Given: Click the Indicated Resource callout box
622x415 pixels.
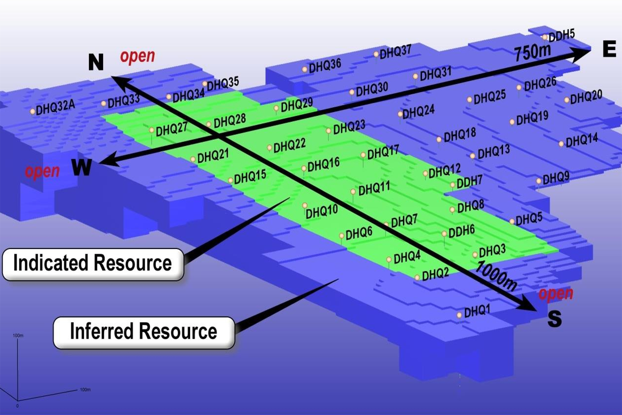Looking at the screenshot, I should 93,264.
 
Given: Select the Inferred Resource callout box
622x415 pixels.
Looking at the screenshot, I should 143,332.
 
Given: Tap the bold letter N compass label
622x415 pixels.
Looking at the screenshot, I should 96,62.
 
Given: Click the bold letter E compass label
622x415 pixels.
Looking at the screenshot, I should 609,49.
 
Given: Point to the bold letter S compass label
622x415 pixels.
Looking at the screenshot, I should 555,319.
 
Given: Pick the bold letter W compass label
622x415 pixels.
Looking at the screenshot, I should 82,167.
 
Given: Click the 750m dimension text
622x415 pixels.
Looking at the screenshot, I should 533,52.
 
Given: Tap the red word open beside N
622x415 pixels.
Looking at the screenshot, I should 137,56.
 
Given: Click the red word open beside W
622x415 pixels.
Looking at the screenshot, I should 42,171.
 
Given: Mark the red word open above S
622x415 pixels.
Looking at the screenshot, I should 555,294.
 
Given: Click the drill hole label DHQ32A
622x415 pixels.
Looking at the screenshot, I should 55,107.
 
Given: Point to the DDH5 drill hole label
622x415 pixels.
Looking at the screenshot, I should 562,36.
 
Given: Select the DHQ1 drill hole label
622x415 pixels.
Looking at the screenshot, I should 477,311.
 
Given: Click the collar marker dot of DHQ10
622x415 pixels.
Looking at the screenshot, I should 305,205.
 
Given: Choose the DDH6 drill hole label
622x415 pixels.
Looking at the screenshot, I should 461,232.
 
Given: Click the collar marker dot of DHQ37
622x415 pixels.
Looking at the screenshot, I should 376,54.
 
